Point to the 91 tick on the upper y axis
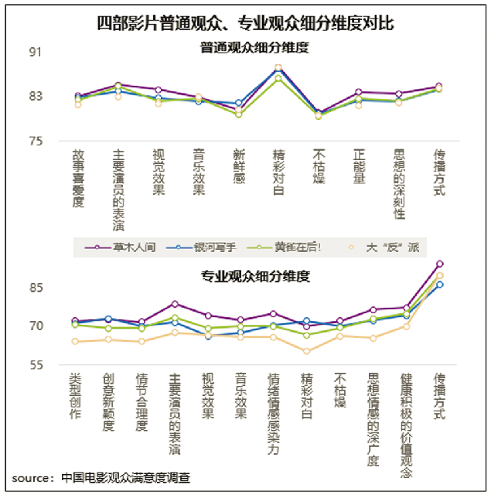36,53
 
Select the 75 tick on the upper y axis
36,142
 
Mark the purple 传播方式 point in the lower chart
439,264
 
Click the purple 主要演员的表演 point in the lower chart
175,304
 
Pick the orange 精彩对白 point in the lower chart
307,351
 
